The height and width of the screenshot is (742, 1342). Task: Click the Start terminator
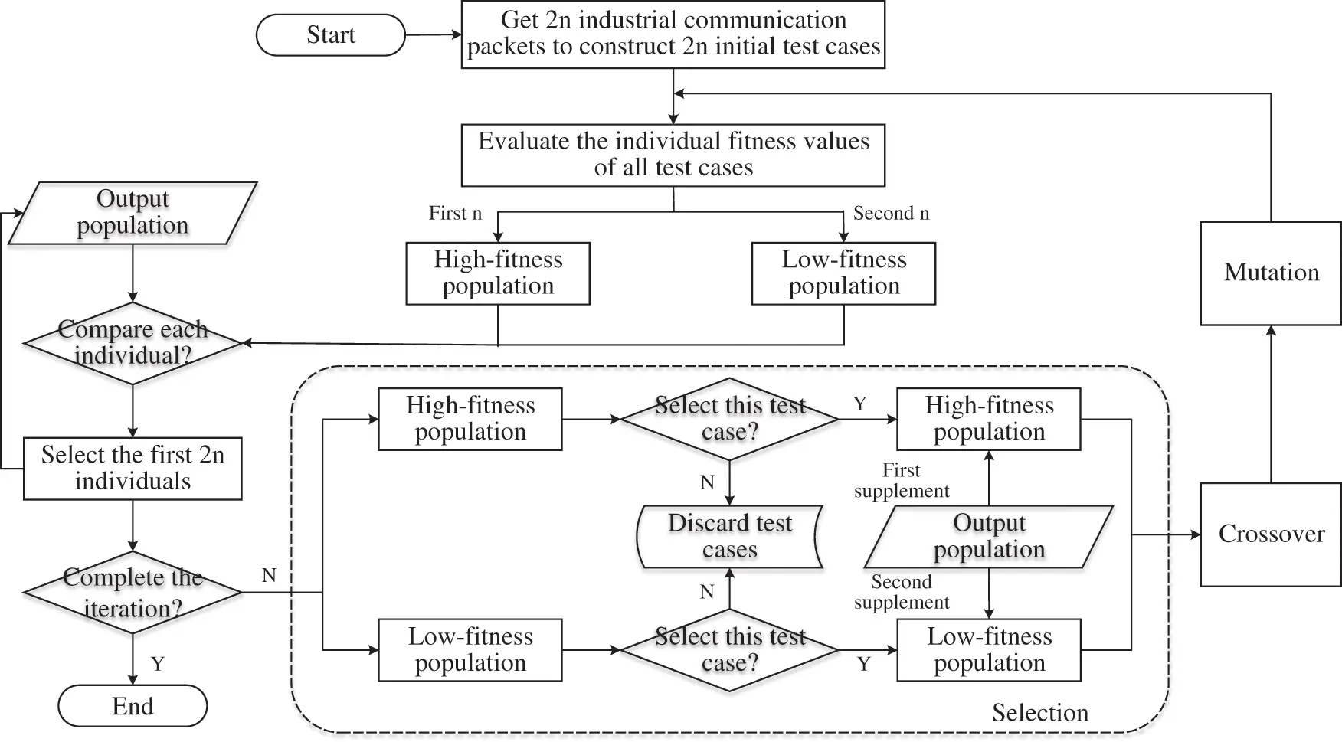pos(330,35)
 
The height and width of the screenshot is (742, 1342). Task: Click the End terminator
pos(133,706)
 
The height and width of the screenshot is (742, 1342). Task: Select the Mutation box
pos(1271,273)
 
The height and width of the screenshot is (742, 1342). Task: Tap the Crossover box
pos(1271,534)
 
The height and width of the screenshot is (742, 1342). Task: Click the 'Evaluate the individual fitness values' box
pos(673,155)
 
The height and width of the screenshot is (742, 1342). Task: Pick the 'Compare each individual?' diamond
pos(133,342)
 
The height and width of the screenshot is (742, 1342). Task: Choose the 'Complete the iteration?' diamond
pos(133,592)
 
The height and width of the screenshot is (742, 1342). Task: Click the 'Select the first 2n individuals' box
pos(133,468)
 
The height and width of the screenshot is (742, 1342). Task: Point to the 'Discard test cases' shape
pos(729,536)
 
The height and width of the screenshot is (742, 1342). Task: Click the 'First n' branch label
pos(455,214)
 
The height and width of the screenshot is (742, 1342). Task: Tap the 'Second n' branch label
pos(891,214)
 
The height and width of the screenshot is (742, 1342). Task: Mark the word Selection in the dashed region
pos(1039,713)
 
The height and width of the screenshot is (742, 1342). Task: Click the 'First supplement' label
pos(901,481)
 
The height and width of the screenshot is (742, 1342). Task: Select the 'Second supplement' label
pos(901,592)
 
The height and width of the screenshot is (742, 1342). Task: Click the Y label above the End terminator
pos(158,664)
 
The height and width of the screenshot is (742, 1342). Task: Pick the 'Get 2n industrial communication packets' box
pos(673,34)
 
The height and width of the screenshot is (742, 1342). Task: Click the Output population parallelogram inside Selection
pos(988,536)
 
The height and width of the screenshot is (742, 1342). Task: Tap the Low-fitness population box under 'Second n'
pos(843,273)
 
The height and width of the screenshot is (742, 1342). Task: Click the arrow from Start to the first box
pos(433,34)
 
